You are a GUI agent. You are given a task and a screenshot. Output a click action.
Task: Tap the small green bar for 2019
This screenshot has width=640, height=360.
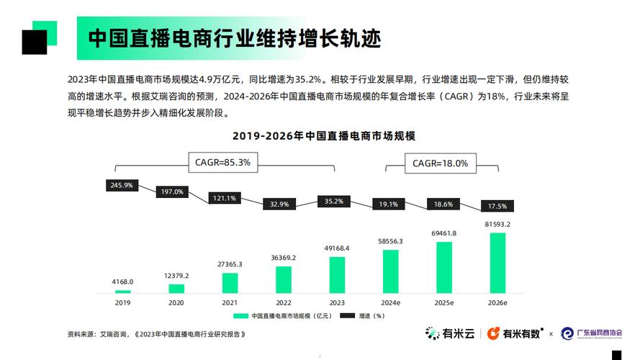(123, 291)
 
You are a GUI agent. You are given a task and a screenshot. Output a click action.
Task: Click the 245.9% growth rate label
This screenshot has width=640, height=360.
(122, 185)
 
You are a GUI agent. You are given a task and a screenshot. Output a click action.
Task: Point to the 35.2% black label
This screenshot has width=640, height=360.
(334, 202)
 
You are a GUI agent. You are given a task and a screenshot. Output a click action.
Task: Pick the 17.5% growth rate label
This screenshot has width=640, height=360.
(497, 206)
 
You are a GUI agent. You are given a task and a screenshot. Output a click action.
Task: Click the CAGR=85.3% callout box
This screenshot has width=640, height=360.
(223, 163)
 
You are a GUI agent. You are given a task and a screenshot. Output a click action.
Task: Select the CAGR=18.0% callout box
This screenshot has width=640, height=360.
(440, 163)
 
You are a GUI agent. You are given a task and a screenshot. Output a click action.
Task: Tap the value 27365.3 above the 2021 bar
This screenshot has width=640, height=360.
(230, 264)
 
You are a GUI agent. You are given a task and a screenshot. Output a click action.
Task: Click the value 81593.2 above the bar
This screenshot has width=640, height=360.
(497, 225)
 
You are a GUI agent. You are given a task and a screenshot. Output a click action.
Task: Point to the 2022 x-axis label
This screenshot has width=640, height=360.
(283, 303)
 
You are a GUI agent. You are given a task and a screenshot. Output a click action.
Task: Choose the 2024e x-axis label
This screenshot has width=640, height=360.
(391, 303)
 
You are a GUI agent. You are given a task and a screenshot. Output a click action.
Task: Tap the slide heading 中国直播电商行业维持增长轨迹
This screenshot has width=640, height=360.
(235, 37)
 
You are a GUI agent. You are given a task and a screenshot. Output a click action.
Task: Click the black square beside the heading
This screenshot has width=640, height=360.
(34, 42)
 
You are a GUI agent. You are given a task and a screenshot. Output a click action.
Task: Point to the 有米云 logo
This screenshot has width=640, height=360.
(450, 333)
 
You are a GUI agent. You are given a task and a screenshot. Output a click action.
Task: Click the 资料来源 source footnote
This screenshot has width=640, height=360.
(157, 334)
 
